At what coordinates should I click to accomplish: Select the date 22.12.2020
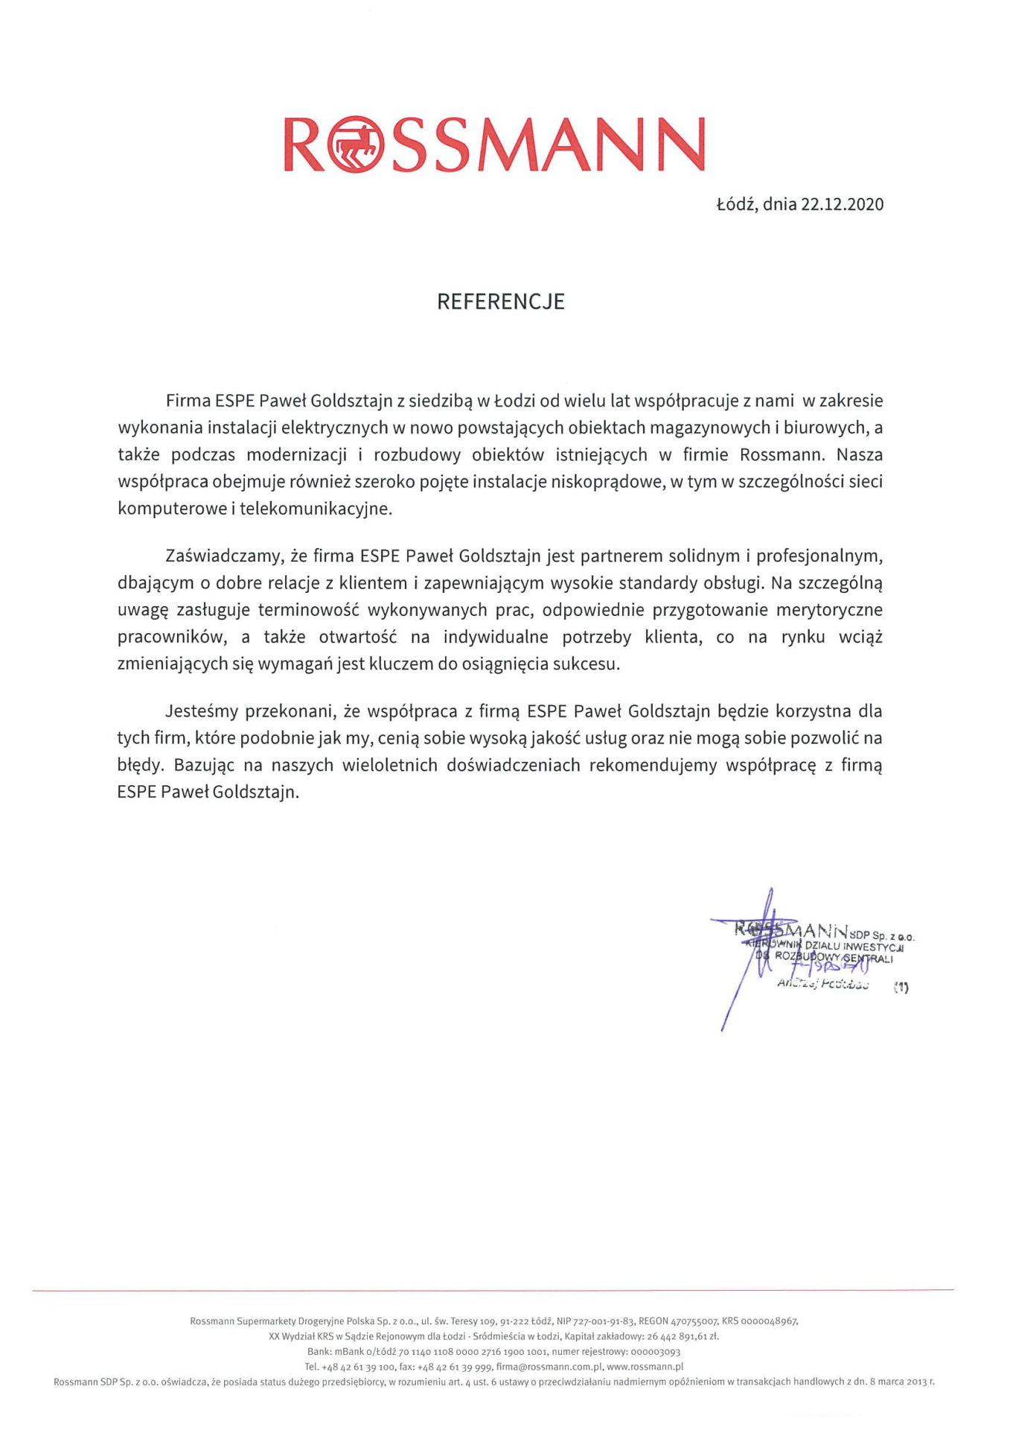pyautogui.click(x=842, y=204)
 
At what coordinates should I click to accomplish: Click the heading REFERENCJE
pyautogui.click(x=500, y=302)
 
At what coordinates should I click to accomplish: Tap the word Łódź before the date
pyautogui.click(x=735, y=204)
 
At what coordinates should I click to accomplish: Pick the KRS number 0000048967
pyautogui.click(x=770, y=1321)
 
